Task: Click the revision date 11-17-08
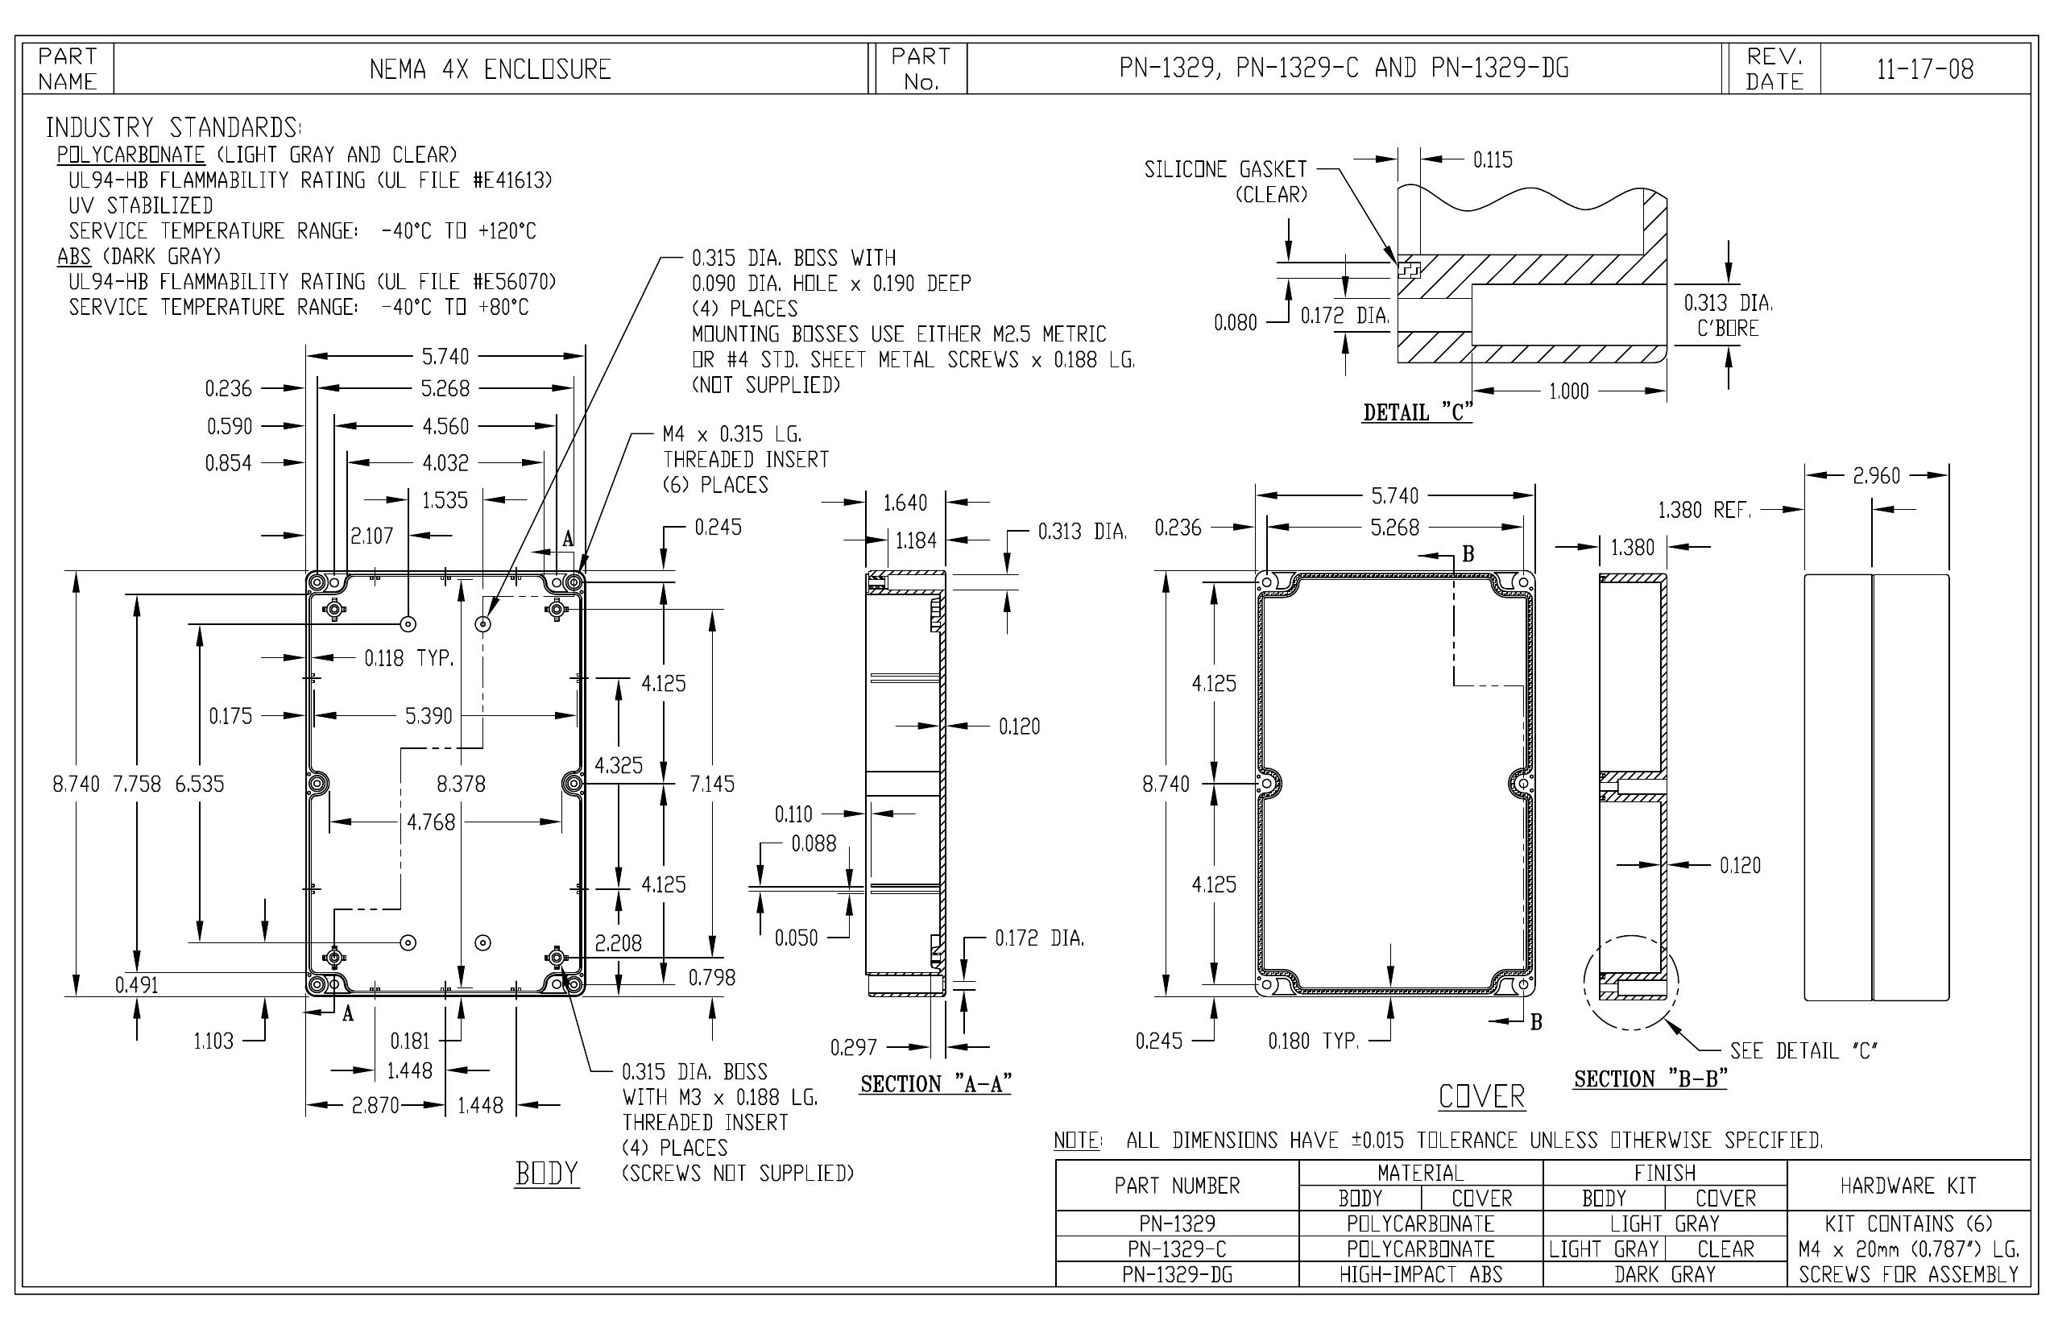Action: tap(1924, 69)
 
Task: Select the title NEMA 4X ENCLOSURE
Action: tap(491, 69)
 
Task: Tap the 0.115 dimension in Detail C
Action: tap(1493, 159)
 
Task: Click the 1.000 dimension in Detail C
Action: tap(1569, 391)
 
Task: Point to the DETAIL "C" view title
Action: tap(1417, 412)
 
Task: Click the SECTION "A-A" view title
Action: tap(935, 1084)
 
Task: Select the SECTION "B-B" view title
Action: tap(1650, 1079)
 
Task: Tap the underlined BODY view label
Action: tap(547, 1174)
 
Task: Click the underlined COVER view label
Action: tap(1482, 1097)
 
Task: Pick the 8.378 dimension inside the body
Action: tap(461, 784)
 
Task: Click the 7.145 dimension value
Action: tap(712, 784)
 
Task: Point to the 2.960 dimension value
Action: tap(1876, 475)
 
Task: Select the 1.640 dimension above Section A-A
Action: tap(905, 503)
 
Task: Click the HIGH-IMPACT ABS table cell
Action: tap(1421, 1274)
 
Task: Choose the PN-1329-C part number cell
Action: tap(1177, 1249)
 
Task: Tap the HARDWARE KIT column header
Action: tap(1908, 1186)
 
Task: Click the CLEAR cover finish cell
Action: tap(1725, 1249)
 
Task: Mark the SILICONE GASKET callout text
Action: tap(1225, 169)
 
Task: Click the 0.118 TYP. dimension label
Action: tap(408, 659)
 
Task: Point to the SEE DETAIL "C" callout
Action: tap(1803, 1051)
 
